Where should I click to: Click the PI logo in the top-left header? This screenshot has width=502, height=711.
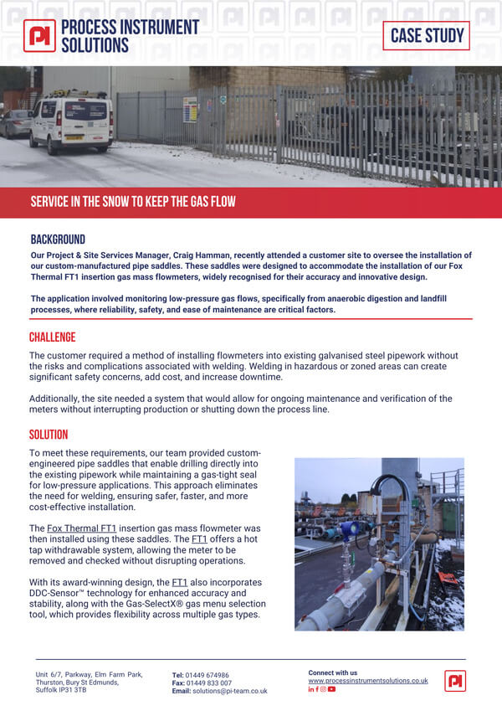39,35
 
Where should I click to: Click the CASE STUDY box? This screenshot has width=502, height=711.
426,35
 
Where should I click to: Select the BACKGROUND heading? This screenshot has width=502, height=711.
58,240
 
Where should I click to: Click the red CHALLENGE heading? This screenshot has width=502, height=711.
52,337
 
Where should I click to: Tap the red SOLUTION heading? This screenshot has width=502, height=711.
49,435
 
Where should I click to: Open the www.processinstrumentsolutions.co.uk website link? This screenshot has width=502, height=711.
367,681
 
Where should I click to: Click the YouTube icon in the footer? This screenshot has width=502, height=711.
332,689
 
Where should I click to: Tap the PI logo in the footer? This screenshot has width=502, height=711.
455,681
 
